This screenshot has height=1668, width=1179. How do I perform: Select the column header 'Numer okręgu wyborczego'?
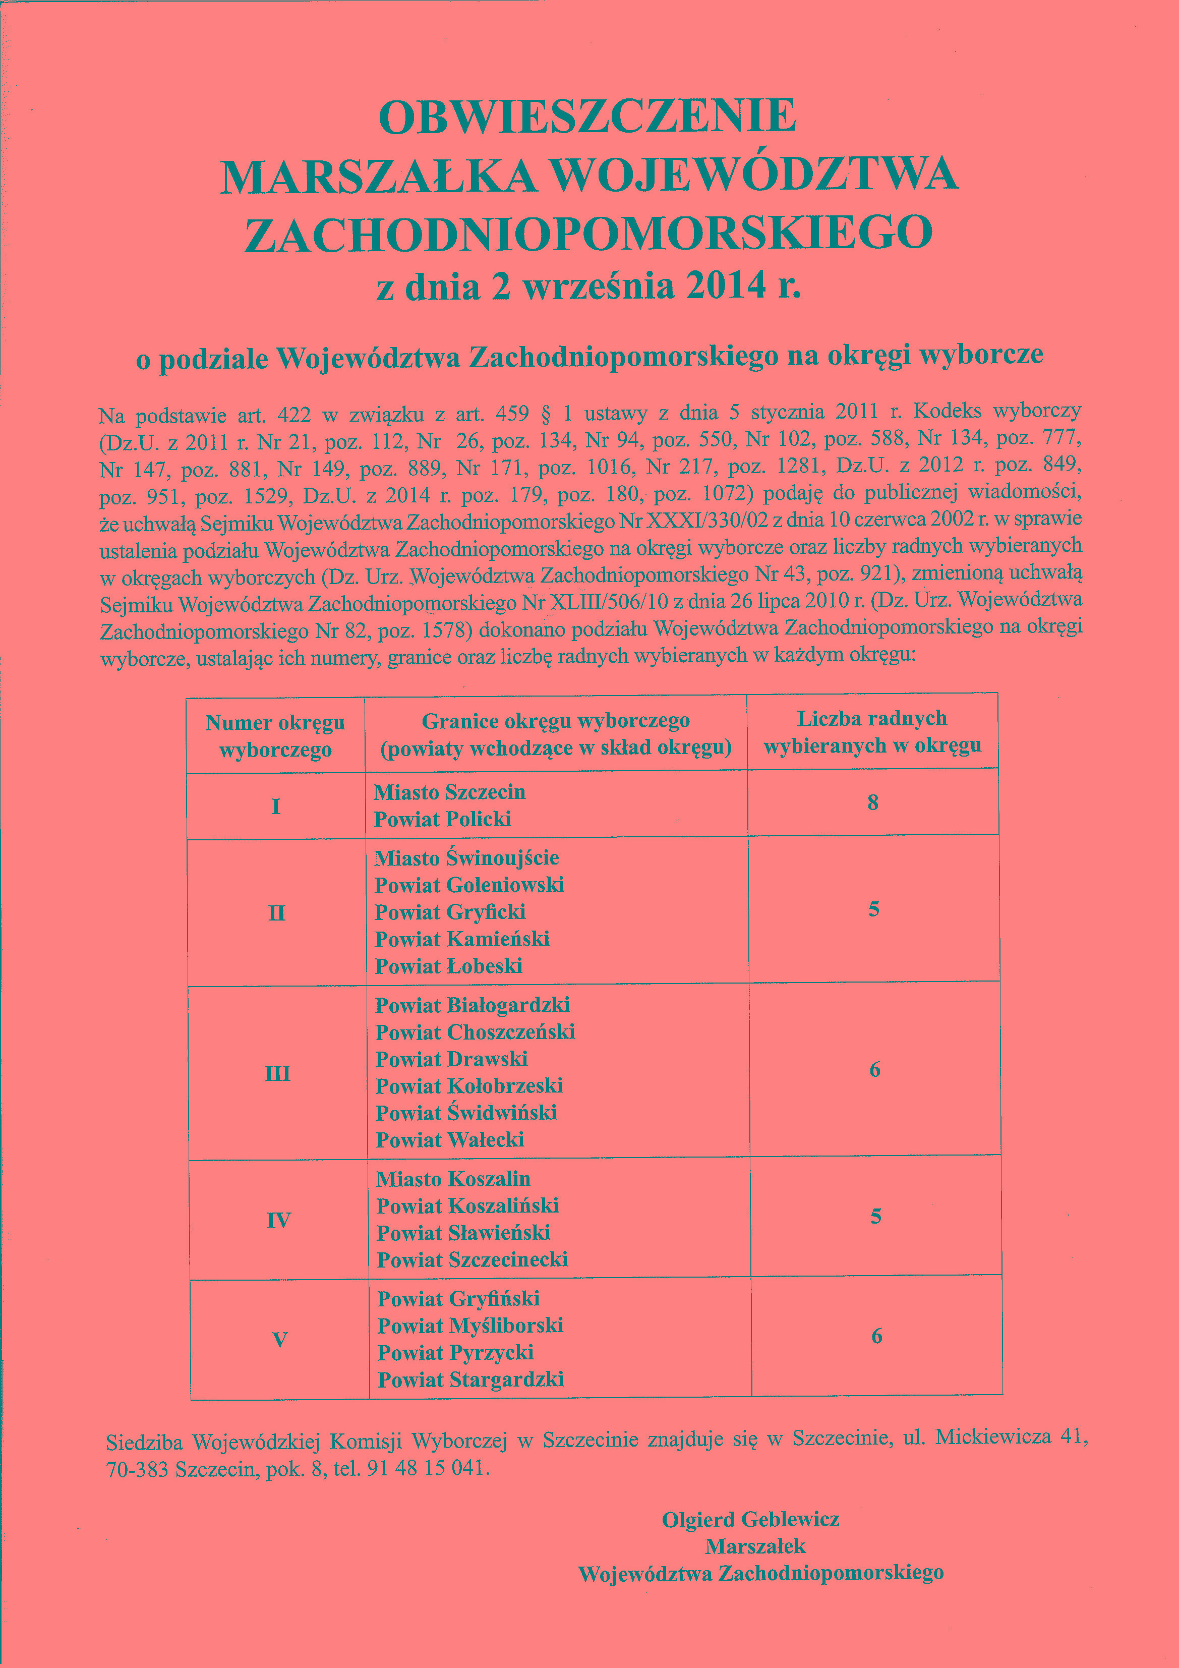coord(275,736)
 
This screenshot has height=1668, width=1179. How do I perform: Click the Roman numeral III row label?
coord(277,1073)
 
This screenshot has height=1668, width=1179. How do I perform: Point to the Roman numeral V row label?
coord(280,1340)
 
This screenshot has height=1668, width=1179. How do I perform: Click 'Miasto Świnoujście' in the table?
coord(466,858)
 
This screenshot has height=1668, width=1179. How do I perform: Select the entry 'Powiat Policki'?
coord(442,820)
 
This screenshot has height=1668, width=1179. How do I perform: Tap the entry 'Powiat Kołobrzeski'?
coord(469,1086)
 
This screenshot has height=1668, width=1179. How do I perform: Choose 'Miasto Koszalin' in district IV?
coord(453,1179)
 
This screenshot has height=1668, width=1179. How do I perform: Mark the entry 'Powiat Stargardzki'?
coord(470,1379)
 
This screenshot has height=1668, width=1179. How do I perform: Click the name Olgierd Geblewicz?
coord(750,1519)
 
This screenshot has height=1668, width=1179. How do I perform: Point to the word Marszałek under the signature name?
coord(755,1546)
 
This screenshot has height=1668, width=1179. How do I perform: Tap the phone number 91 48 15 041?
coord(426,1467)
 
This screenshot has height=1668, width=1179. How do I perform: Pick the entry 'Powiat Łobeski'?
coord(449,966)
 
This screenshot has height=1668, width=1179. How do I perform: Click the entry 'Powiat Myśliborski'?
coord(470,1326)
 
